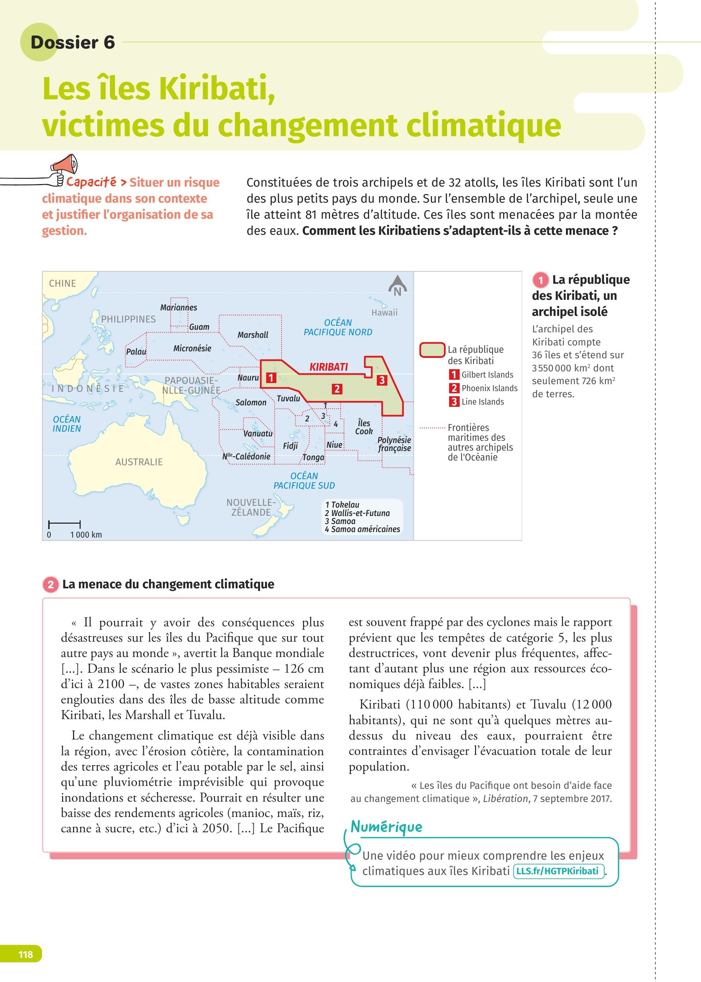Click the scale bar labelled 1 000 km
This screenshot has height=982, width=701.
click(x=64, y=524)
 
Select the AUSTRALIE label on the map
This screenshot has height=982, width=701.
click(x=139, y=462)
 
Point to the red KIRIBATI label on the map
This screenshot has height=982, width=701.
click(x=329, y=367)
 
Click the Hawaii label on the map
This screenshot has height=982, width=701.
click(x=384, y=313)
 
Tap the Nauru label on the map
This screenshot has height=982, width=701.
click(x=248, y=378)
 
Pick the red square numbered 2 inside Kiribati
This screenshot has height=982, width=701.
click(x=337, y=389)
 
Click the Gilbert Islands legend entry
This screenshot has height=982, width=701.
click(x=487, y=375)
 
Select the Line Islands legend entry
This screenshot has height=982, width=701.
click(x=482, y=402)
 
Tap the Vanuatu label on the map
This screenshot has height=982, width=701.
click(x=258, y=433)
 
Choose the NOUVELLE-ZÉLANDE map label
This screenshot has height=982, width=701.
click(x=251, y=508)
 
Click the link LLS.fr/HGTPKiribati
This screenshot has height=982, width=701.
click(x=557, y=871)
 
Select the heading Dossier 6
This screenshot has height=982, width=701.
click(x=73, y=42)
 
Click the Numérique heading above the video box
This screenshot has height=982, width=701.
click(x=386, y=826)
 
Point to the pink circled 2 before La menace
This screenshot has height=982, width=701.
click(x=50, y=584)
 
